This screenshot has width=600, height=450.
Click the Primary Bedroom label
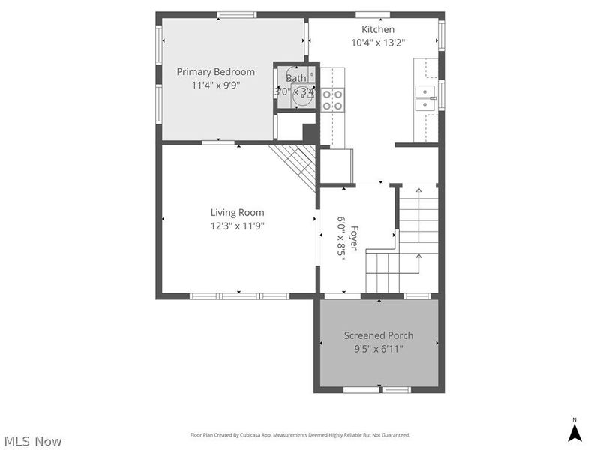(x=215, y=72)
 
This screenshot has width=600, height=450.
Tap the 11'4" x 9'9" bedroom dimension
(x=215, y=85)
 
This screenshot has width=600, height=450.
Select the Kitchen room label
(x=378, y=29)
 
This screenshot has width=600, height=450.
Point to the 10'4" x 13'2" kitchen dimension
(x=378, y=43)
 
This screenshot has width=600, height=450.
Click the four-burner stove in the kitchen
(x=332, y=100)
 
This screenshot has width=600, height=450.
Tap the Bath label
(x=295, y=78)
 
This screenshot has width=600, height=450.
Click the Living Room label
(x=237, y=212)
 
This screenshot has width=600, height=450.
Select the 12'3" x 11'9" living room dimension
(x=237, y=226)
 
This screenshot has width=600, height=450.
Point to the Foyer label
(x=353, y=237)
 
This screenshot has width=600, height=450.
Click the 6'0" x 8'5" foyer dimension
(x=340, y=237)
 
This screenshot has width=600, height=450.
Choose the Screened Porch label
(x=379, y=335)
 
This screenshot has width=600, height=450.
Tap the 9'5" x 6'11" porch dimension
(x=379, y=349)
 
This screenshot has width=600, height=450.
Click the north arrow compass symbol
(x=574, y=433)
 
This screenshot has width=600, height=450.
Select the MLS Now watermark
(x=32, y=441)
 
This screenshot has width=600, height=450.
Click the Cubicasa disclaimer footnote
(x=309, y=435)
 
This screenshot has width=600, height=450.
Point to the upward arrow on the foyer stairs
(x=418, y=193)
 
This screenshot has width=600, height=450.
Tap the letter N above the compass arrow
(x=574, y=419)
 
